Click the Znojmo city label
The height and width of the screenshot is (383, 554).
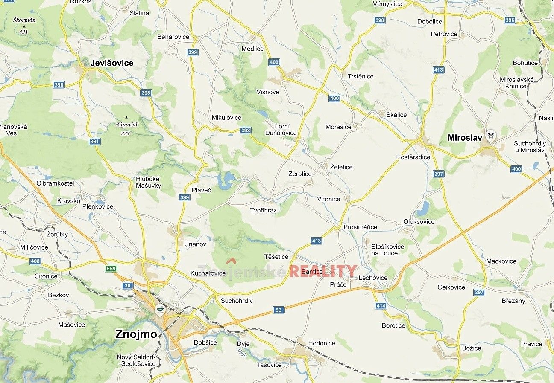pos(136,334)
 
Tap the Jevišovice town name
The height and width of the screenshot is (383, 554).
pos(111,63)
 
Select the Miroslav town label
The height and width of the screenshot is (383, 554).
pos(464,137)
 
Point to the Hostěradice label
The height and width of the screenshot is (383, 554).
pos(413,157)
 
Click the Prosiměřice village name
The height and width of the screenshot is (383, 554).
pos(360,227)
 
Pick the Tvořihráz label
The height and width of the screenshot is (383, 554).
pos(263,210)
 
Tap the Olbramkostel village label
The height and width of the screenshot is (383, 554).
pos(55,183)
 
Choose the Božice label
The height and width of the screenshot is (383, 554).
pos(472,348)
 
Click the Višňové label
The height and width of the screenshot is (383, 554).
pos(268,92)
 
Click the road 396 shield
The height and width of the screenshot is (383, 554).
pos(510,20)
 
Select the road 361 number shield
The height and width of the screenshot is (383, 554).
pos(94,141)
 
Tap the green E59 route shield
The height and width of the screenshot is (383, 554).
pos(111,268)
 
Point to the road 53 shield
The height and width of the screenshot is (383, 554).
pos(279,310)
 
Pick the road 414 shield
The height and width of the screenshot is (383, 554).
pos(381,305)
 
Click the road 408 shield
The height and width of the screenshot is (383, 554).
pos(35,261)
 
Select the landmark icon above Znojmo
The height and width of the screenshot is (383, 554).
pos(160,309)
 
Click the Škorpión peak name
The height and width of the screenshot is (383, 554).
pos(24,20)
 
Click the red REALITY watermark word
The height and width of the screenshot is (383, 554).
pos(323,271)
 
